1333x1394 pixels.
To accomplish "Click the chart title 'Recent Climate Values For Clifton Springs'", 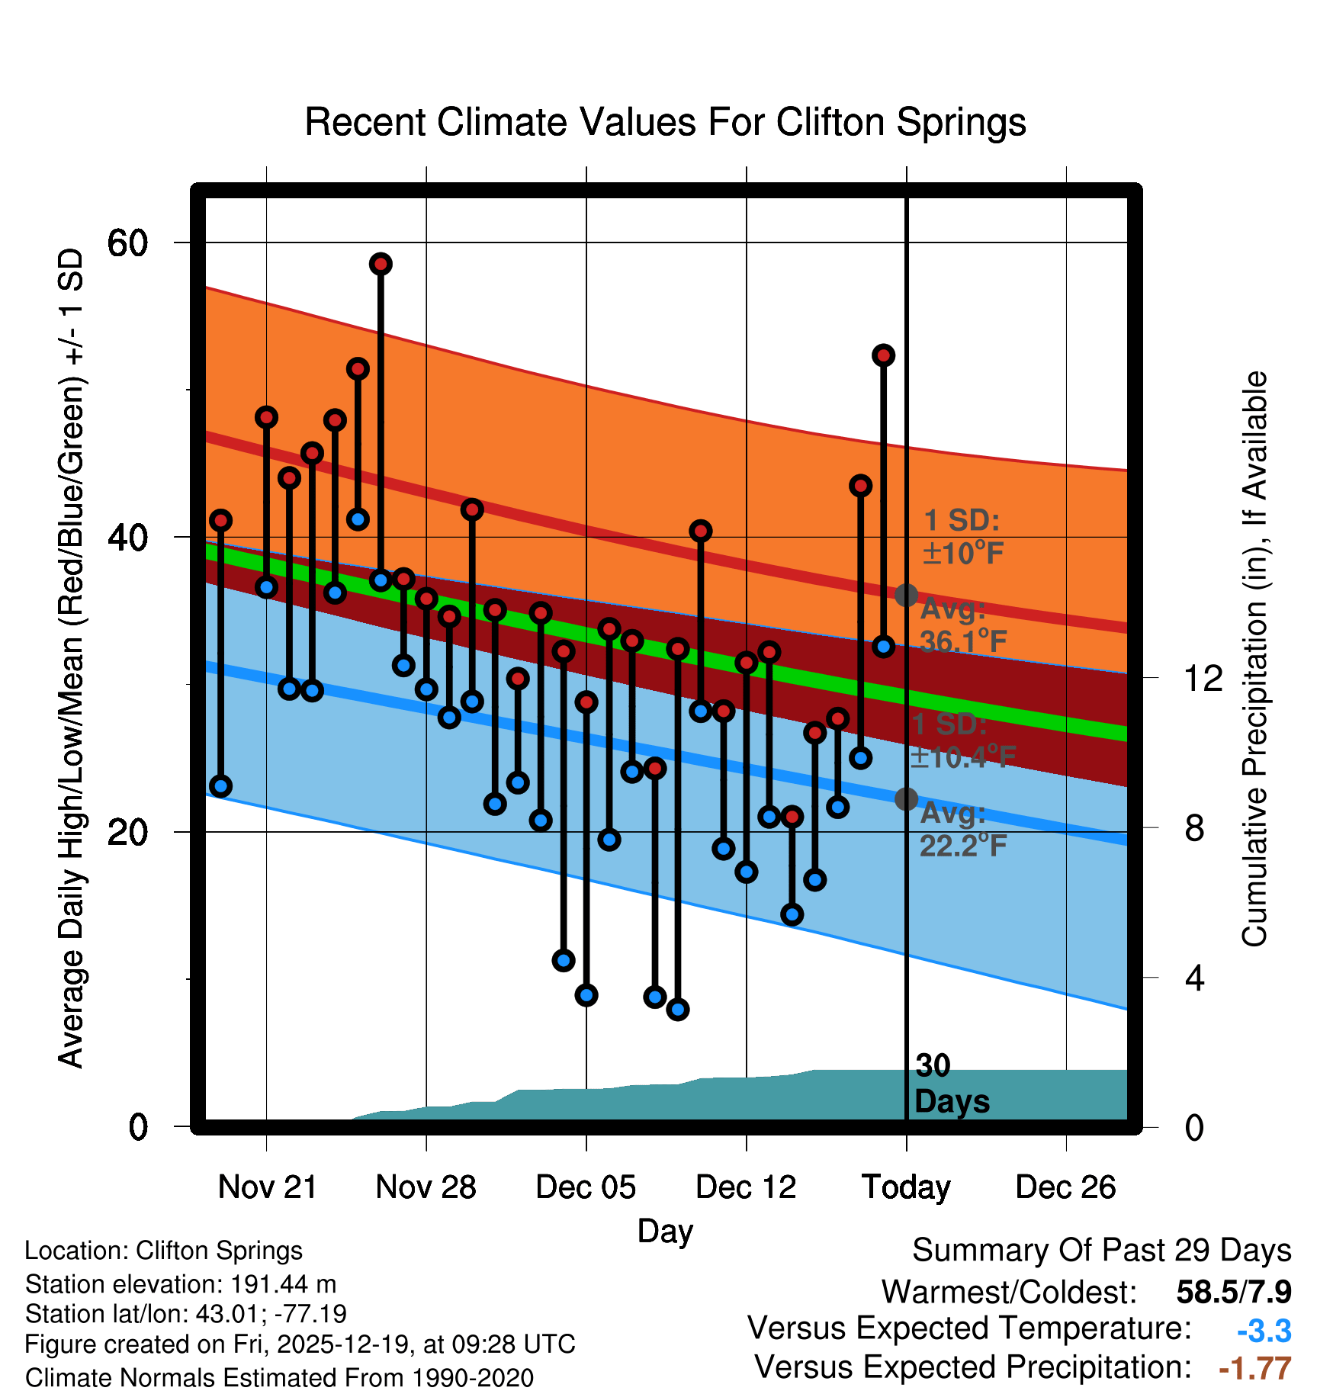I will (665, 122).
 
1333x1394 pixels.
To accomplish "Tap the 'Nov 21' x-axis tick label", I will (267, 1187).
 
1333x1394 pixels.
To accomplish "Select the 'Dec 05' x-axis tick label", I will (586, 1187).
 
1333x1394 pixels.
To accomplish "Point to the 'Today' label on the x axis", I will (906, 1187).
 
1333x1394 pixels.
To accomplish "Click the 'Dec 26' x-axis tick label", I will (1065, 1187).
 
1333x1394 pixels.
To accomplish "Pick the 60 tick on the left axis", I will (127, 243).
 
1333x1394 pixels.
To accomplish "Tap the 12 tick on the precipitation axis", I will (1203, 678).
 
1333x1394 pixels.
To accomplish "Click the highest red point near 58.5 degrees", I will (381, 264).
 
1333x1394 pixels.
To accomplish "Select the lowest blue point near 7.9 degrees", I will (677, 1010).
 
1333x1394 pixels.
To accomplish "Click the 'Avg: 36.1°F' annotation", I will (962, 626).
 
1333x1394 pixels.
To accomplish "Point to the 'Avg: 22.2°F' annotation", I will (962, 830).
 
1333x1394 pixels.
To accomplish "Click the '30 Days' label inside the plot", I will (951, 1084).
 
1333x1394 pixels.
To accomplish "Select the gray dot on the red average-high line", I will (906, 595).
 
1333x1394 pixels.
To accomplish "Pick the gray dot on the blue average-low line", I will (906, 798).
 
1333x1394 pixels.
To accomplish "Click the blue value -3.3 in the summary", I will (1264, 1331).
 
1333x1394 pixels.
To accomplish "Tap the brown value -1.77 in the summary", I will (1254, 1369).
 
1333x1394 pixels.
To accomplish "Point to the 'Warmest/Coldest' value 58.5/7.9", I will (1233, 1293).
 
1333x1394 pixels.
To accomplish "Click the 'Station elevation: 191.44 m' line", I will (181, 1284).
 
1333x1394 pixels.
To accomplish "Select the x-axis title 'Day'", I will (665, 1232).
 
